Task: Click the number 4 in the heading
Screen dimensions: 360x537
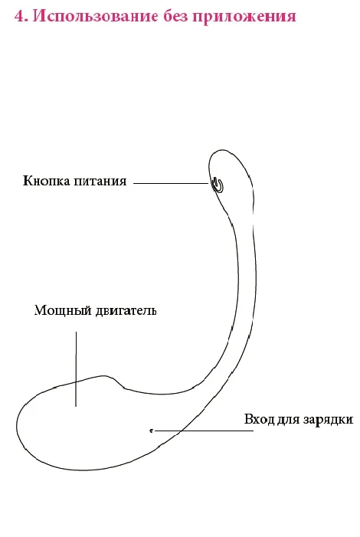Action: (20, 16)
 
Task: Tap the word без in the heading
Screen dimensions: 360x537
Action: (175, 16)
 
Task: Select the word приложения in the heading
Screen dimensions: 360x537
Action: (244, 17)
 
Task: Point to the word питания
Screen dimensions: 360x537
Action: (100, 181)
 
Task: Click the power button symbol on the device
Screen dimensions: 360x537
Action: (217, 185)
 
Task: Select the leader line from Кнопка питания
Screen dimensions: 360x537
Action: (171, 184)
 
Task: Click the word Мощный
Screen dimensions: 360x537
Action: (63, 310)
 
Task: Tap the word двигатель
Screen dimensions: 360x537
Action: (126, 310)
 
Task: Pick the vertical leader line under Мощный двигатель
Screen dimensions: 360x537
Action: (76, 368)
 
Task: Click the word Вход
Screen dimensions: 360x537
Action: (260, 419)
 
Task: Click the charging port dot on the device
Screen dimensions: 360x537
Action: (151, 431)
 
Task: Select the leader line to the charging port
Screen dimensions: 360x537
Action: (204, 431)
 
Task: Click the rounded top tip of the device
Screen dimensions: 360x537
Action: (224, 150)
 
